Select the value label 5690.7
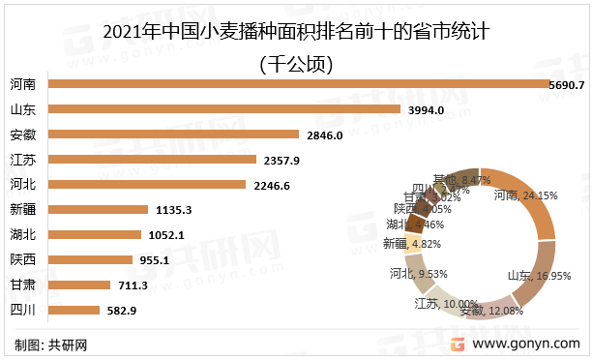click(568, 84)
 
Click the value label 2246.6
click(273, 184)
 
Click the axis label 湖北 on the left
click(23, 234)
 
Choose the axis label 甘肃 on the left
click(23, 285)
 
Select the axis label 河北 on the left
click(23, 184)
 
